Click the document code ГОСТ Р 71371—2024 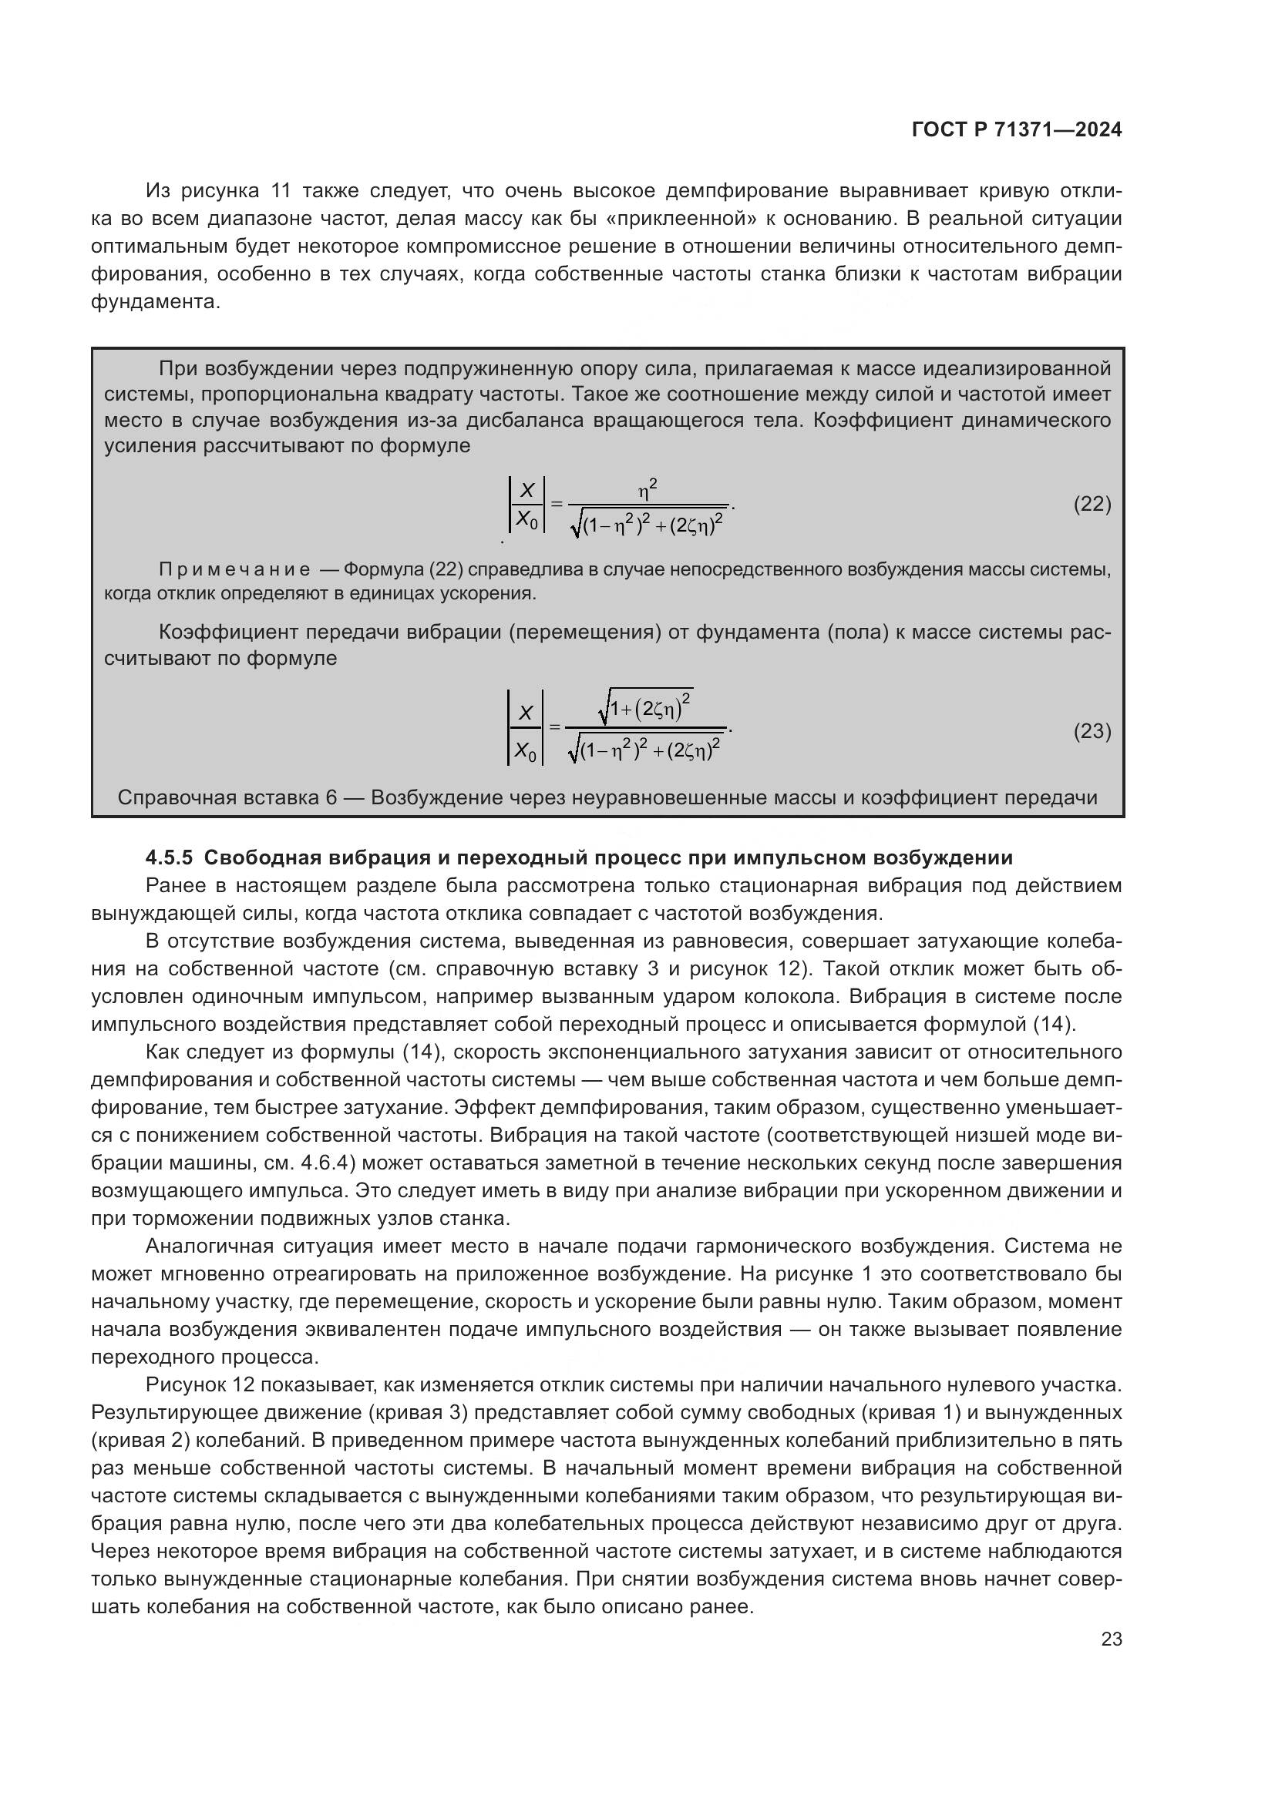pyautogui.click(x=1017, y=130)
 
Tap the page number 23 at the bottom pyautogui.click(x=1111, y=1639)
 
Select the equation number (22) pyautogui.click(x=1092, y=504)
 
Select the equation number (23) pyautogui.click(x=1092, y=731)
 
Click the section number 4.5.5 pyautogui.click(x=170, y=857)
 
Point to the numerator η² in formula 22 pyautogui.click(x=648, y=491)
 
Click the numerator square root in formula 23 pyautogui.click(x=645, y=710)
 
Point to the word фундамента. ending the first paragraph pyautogui.click(x=156, y=302)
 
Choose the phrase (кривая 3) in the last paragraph pyautogui.click(x=417, y=1413)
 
